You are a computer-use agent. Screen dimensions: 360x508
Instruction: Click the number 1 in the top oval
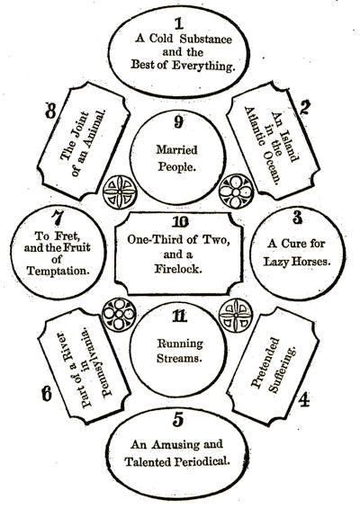click(179, 23)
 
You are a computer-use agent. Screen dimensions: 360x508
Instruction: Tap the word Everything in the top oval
click(203, 66)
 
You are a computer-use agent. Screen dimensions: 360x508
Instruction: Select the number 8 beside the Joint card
click(50, 111)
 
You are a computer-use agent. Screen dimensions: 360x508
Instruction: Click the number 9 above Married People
click(178, 122)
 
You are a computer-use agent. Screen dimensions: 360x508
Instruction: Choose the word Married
click(176, 149)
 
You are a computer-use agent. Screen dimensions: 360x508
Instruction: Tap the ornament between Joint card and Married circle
click(120, 192)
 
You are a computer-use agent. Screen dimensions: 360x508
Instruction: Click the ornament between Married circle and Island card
click(236, 192)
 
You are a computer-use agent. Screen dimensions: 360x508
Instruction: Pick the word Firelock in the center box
click(178, 269)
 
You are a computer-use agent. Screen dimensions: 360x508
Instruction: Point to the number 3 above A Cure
click(297, 218)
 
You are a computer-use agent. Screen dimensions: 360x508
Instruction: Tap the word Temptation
click(58, 271)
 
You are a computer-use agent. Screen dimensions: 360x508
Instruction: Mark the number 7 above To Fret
click(57, 218)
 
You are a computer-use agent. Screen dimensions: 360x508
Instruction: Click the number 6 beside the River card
click(47, 394)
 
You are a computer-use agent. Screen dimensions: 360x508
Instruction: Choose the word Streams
click(177, 359)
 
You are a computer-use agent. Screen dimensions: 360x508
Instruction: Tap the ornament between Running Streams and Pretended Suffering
click(236, 316)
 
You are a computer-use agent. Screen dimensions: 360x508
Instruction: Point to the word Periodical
click(202, 461)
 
